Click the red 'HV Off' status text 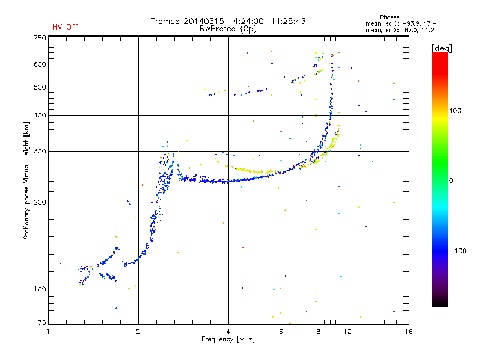tap(65, 27)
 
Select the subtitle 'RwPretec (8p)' tap(228, 29)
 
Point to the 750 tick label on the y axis tap(40, 38)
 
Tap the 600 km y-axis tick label tap(40, 64)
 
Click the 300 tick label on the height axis tap(40, 152)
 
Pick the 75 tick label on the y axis tap(42, 322)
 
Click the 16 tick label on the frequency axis tap(409, 332)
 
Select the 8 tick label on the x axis tap(319, 332)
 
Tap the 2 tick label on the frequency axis tap(138, 332)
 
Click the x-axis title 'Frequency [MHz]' tap(228, 339)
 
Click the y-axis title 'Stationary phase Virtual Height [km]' tap(26, 181)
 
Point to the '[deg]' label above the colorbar tap(441, 48)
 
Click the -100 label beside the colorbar tap(458, 251)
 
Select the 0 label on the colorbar tap(451, 181)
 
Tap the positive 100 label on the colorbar tap(455, 111)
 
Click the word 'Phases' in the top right tap(389, 17)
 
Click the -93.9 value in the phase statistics tap(410, 24)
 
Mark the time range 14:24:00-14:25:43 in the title tap(267, 21)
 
